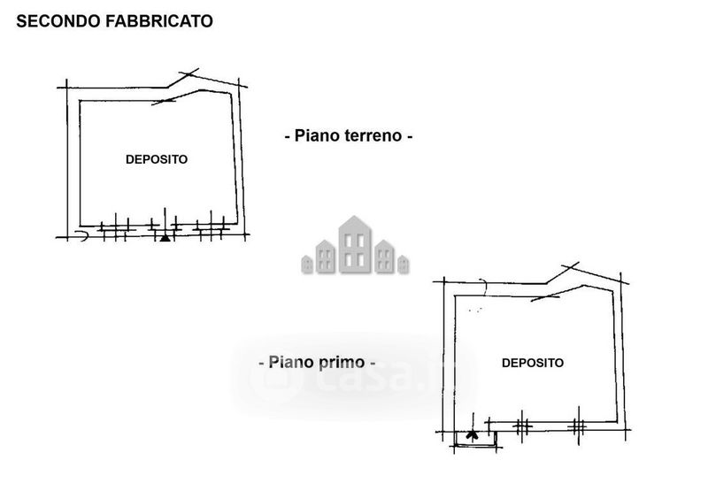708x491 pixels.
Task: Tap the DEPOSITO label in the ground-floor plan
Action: click(x=157, y=160)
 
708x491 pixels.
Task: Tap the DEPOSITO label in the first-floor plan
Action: click(x=533, y=363)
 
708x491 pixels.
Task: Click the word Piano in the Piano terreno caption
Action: click(x=312, y=136)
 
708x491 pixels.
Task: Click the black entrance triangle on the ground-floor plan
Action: click(x=164, y=236)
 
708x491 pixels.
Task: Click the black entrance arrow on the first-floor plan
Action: click(x=472, y=434)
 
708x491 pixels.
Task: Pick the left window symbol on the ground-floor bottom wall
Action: click(x=112, y=229)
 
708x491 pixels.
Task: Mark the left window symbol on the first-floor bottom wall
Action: click(x=521, y=426)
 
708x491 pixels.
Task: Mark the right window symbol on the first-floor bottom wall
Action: click(x=578, y=426)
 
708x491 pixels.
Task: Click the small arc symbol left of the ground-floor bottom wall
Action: click(x=80, y=236)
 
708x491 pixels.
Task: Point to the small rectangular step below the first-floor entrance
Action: click(x=475, y=438)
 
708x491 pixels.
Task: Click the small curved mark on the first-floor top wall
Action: click(x=483, y=284)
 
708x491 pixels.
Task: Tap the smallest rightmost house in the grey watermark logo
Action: click(x=403, y=263)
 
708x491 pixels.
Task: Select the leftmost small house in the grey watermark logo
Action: click(x=307, y=263)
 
